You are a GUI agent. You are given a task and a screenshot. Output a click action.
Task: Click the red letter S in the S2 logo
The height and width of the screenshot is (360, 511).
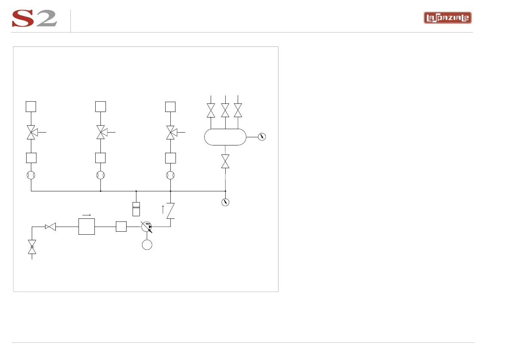coord(24,19)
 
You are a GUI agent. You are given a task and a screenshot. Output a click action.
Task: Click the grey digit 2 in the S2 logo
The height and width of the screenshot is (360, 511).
coord(47,19)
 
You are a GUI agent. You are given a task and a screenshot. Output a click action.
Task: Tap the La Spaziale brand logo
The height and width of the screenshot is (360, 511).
coord(448,18)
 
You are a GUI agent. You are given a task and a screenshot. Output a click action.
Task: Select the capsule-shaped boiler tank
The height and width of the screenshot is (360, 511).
coord(225,137)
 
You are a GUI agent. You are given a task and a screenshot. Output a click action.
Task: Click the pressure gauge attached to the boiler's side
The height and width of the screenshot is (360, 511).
coord(262,137)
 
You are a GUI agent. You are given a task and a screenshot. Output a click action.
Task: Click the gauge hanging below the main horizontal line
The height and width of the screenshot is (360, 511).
coord(225,202)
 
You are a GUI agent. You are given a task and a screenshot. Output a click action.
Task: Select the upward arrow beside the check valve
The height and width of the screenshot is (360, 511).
coord(163,209)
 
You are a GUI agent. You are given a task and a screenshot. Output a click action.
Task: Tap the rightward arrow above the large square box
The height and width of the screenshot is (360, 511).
coord(86,215)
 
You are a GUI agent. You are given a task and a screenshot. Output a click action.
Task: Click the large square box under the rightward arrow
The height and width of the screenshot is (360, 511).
coord(86,227)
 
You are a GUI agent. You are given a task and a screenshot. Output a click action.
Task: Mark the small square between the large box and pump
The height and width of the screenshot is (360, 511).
coord(121,227)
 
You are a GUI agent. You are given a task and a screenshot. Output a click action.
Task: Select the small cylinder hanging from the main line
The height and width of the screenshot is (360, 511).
coord(136,209)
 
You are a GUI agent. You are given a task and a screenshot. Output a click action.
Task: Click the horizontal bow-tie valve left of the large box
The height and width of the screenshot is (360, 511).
coord(51,227)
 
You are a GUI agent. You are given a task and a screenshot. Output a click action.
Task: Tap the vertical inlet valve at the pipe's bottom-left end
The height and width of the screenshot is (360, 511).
coord(32,247)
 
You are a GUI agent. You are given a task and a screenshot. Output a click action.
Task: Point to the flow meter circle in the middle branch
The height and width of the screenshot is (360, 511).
coord(100,175)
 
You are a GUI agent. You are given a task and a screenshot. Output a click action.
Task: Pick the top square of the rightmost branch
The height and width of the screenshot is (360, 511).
coord(170,106)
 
